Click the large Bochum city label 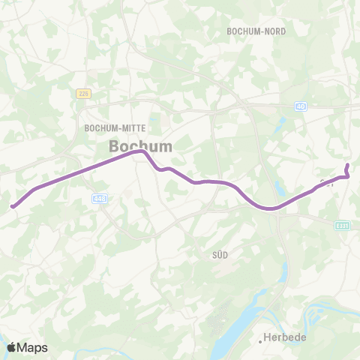click(140, 145)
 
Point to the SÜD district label click(220, 255)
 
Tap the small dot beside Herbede click(262, 340)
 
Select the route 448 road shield click(100, 198)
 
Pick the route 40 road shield click(301, 106)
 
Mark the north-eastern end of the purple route click(347, 165)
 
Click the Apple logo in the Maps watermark click(12, 346)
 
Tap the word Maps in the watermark click(33, 346)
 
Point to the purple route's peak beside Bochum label click(139, 152)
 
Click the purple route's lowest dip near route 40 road click(270, 208)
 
